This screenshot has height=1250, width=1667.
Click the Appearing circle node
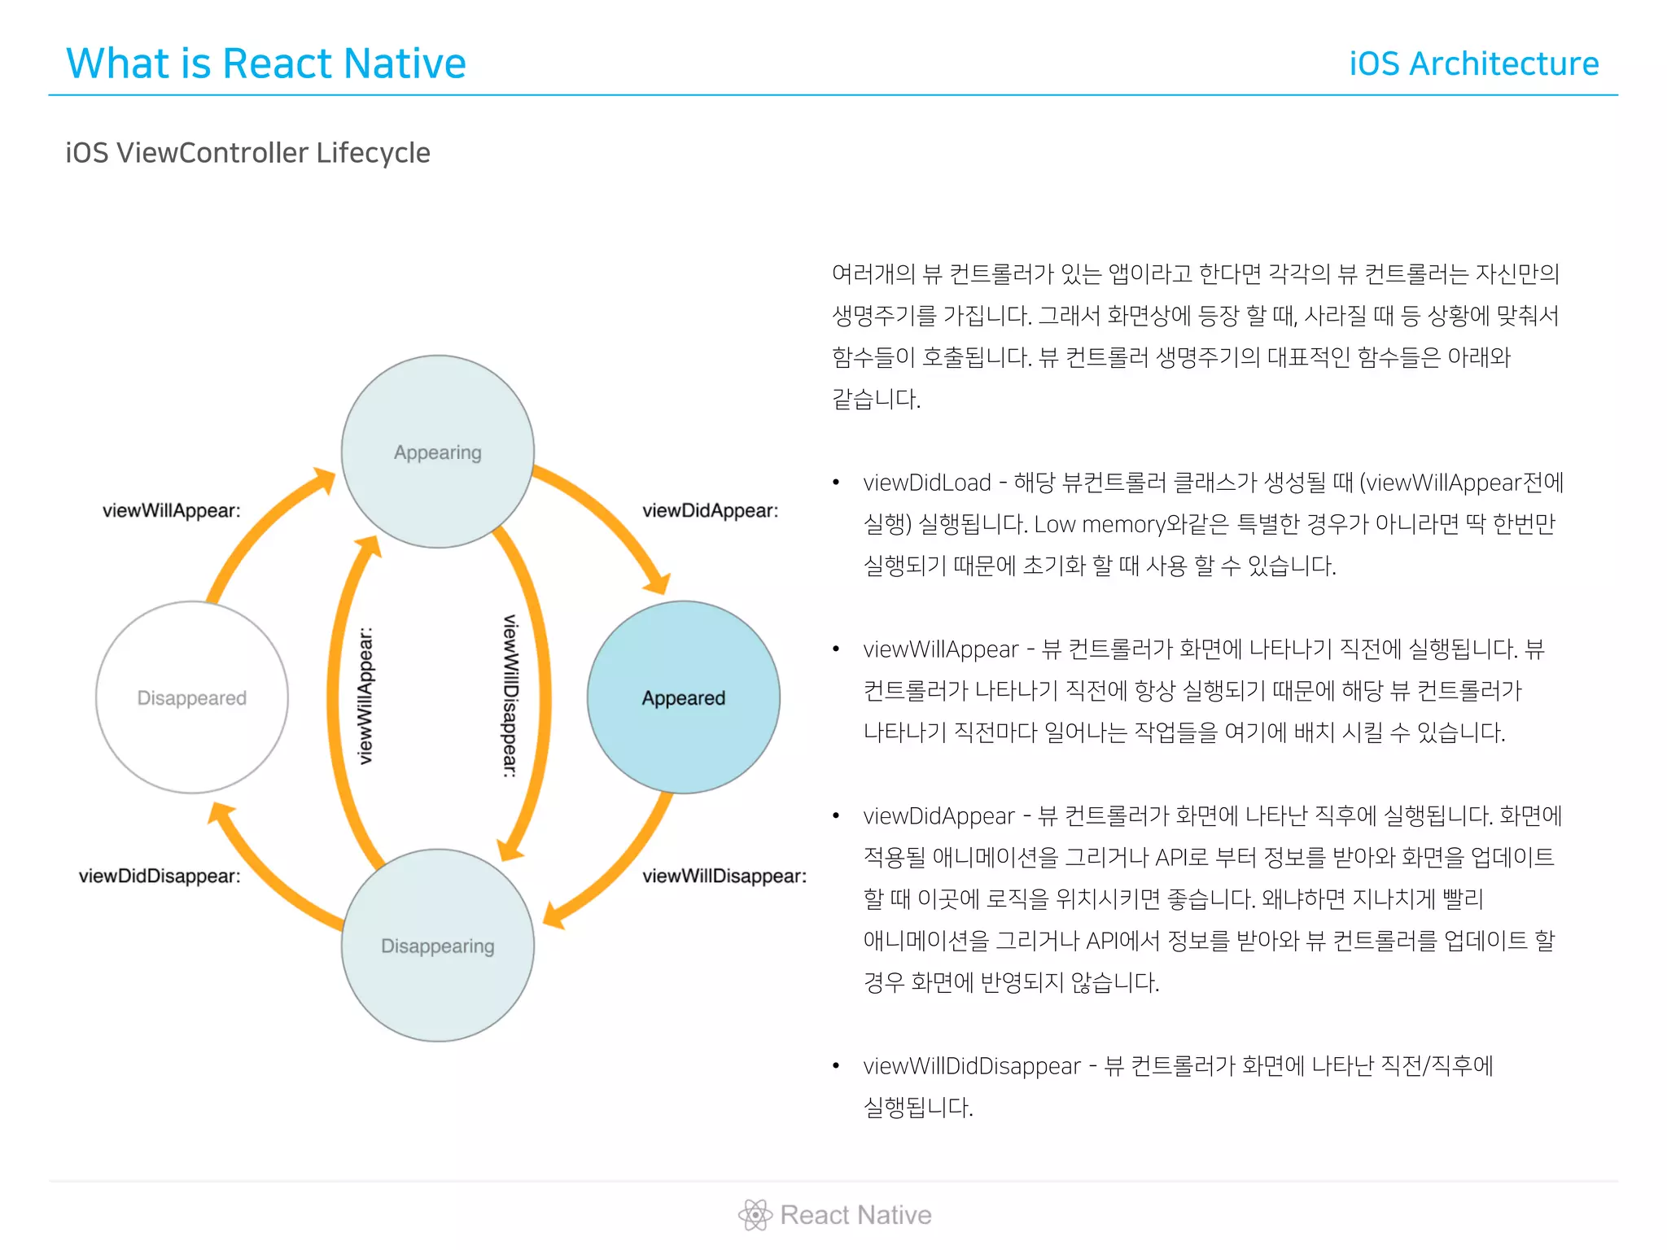point(438,452)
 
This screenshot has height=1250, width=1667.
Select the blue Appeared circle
point(683,697)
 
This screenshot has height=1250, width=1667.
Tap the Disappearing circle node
point(438,945)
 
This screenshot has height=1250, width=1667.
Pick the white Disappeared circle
point(192,697)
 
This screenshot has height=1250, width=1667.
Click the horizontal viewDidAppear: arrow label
point(710,510)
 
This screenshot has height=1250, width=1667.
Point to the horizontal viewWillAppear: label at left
point(172,510)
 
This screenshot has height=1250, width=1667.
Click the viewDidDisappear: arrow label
point(160,876)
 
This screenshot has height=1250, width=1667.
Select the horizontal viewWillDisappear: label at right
point(724,876)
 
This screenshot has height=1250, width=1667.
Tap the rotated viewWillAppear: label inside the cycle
point(365,696)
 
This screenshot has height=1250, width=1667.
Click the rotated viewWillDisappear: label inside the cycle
point(510,696)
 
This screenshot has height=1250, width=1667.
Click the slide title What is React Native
point(266,63)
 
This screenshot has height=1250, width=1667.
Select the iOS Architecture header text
point(1474,63)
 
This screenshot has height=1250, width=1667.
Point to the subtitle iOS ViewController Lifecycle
point(247,153)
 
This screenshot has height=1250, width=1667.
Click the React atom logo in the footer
point(755,1215)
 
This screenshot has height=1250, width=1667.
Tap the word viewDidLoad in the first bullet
point(927,483)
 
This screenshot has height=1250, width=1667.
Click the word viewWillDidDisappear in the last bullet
point(972,1065)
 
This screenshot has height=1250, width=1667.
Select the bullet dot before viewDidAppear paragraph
point(836,815)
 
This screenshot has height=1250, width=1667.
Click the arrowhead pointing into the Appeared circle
point(658,583)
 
